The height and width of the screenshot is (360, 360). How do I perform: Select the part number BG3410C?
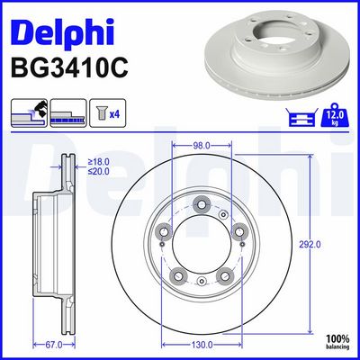coord(69,68)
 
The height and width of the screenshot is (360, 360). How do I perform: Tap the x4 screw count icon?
coord(108,112)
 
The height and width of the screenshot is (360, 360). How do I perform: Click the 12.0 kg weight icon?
coord(335,115)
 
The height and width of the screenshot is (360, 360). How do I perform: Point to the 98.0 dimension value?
coord(202,146)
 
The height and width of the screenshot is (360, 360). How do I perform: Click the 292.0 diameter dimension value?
coord(310,245)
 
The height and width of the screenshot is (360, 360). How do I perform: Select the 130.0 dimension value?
coord(202,345)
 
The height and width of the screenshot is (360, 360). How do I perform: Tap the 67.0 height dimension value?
coord(53,345)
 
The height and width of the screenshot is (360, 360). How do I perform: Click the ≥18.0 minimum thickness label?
coord(98,162)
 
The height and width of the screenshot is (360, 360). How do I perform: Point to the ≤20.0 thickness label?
coord(98,172)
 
